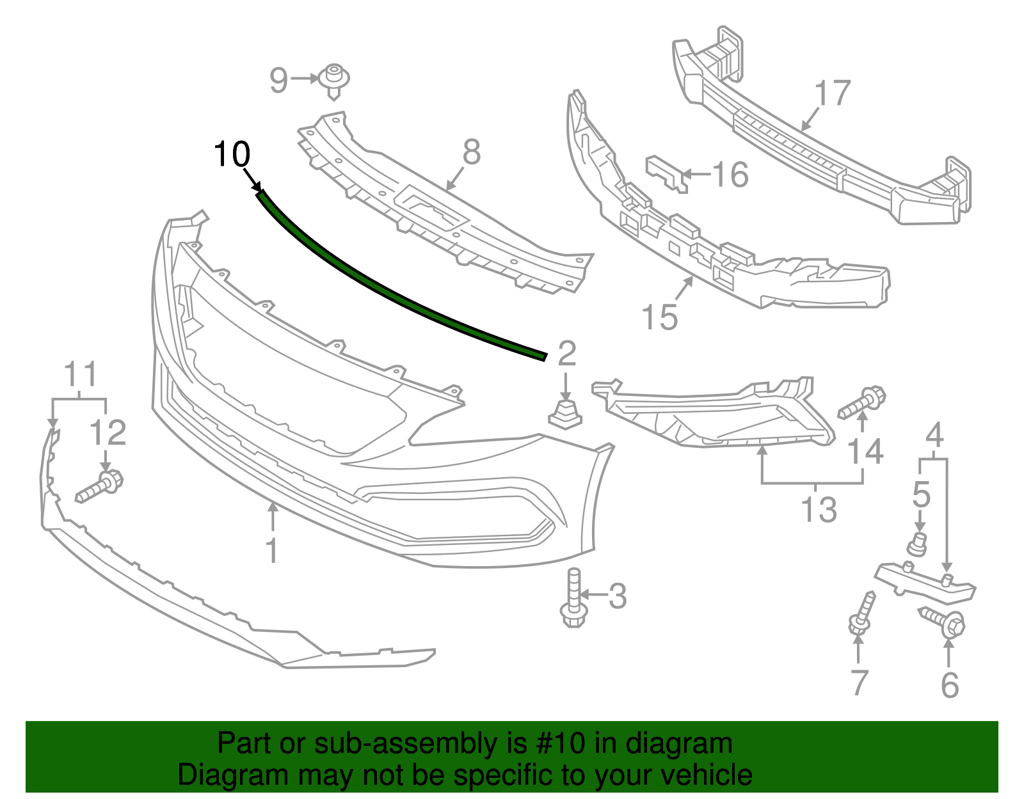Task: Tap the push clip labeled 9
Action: [334, 80]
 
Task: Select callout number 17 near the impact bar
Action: [833, 93]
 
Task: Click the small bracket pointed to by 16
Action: [666, 171]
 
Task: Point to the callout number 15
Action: [659, 317]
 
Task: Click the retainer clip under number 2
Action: [565, 413]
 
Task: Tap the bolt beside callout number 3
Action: [572, 597]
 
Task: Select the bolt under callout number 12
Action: [100, 487]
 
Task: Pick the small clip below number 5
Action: [918, 544]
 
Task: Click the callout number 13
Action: [819, 510]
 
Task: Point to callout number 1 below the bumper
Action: [272, 551]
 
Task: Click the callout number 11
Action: [81, 375]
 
